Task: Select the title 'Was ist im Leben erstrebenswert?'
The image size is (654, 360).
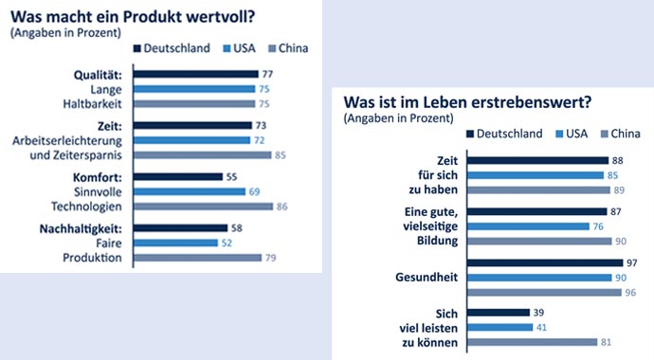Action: tap(453, 101)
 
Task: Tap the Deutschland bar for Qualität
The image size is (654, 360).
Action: tap(196, 74)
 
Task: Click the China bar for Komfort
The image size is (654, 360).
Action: tap(203, 205)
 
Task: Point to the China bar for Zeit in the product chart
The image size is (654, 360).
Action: tap(202, 154)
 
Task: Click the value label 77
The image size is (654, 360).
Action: tap(267, 74)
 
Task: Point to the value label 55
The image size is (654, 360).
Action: tap(231, 176)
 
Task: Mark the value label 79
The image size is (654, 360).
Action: tap(270, 257)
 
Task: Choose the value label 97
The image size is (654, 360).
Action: tap(618, 262)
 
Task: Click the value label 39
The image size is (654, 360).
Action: tap(537, 312)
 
